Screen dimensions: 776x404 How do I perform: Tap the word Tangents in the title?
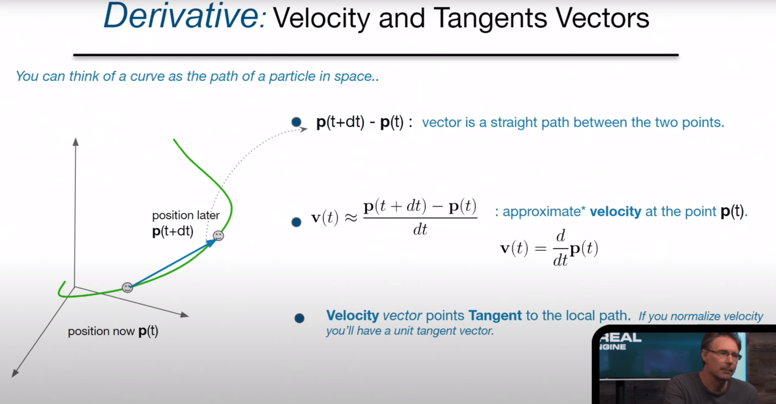[x=490, y=18]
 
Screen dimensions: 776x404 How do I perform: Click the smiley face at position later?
[x=218, y=236]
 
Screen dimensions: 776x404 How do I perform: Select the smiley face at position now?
[x=127, y=287]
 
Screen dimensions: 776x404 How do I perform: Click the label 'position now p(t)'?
[x=113, y=331]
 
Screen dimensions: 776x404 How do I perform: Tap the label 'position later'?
[x=186, y=215]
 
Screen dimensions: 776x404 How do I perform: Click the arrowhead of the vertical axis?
[x=76, y=142]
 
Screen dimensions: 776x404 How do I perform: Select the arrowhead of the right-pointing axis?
[x=185, y=314]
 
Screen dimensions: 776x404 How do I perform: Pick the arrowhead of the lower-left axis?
[x=15, y=373]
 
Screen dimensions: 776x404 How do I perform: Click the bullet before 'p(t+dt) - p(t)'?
[x=296, y=122]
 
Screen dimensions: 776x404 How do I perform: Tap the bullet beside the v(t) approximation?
[x=296, y=222]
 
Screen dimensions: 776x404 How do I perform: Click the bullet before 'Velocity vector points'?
[x=299, y=318]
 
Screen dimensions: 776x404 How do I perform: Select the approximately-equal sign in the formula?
[x=350, y=218]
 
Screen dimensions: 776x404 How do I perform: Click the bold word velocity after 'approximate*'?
[x=616, y=211]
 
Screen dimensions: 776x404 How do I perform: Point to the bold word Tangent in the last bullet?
[x=495, y=316]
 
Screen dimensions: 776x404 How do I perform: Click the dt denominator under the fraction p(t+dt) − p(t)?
[x=420, y=229]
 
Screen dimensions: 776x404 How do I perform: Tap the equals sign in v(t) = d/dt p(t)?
[x=540, y=249]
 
